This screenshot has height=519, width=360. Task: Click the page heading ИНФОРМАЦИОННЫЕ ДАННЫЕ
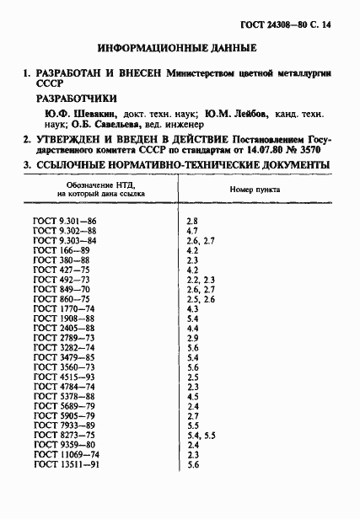[180, 48]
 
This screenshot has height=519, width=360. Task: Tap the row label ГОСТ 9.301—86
[65, 219]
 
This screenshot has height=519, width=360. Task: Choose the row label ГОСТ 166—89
[62, 250]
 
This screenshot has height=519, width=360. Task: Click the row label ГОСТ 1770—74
[64, 309]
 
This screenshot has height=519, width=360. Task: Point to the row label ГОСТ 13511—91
[67, 465]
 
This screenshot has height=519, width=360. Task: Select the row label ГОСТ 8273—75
[64, 436]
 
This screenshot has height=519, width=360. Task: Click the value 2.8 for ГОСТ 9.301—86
[191, 219]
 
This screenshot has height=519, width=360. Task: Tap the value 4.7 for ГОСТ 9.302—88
[191, 229]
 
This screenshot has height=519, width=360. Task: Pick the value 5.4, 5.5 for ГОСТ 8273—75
[201, 436]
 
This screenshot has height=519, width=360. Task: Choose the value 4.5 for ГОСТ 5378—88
[191, 396]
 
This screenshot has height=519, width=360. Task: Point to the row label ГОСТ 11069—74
[67, 455]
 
